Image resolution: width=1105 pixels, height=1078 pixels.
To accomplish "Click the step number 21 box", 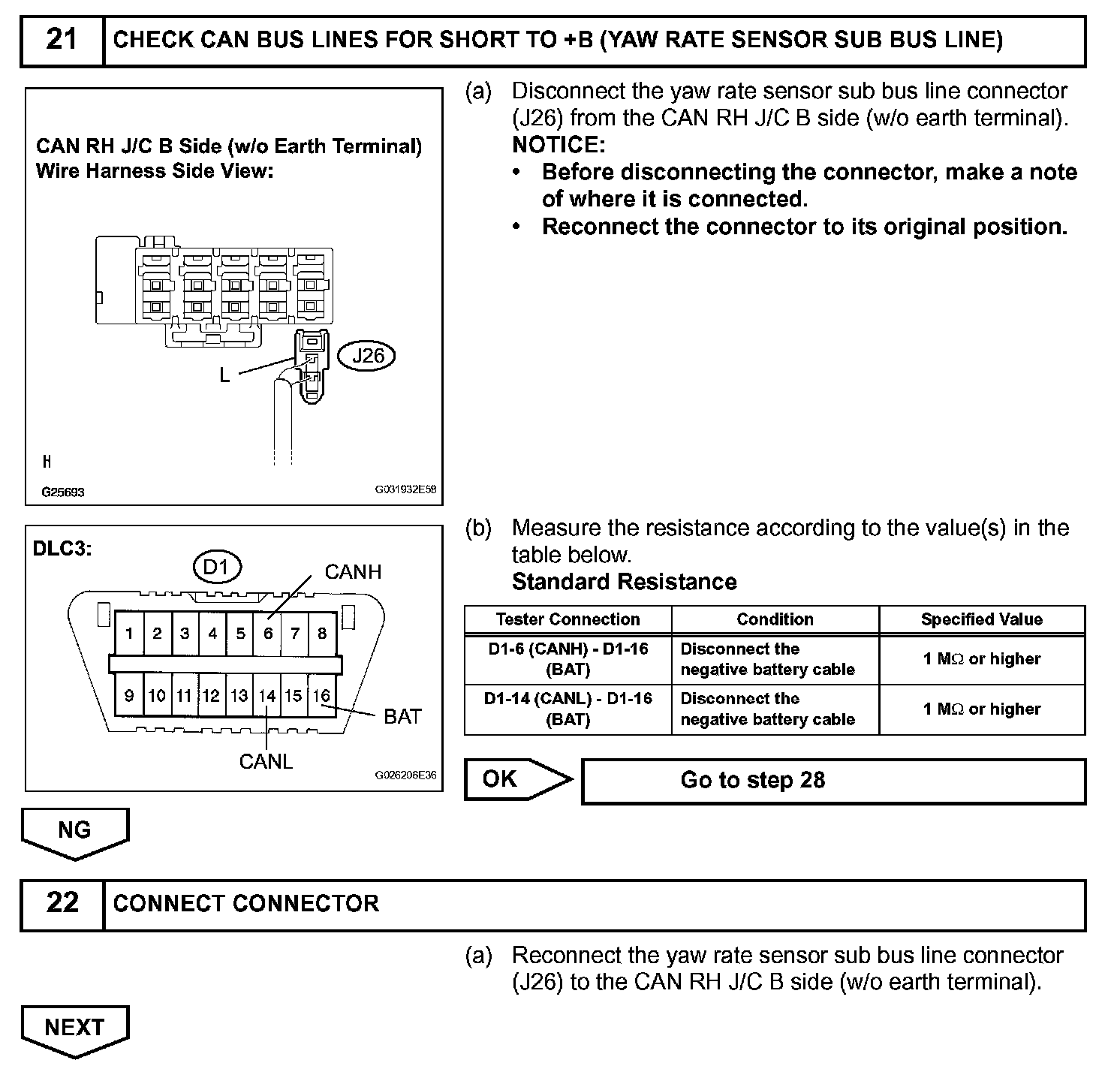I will [62, 39].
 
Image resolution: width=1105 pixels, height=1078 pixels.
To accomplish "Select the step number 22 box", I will [62, 903].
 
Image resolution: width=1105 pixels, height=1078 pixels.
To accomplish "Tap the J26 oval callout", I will [368, 355].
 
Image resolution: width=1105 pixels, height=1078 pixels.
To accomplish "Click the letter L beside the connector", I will [224, 376].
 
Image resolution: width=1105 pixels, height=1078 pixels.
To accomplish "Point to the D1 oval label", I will [216, 568].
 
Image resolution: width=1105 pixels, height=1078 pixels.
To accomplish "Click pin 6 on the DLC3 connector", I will [268, 634].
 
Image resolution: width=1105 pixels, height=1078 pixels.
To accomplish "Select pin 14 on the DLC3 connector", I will [267, 696].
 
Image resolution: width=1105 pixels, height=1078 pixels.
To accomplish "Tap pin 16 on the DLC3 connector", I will [322, 696].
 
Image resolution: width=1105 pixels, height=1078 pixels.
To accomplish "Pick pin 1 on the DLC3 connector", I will [129, 634].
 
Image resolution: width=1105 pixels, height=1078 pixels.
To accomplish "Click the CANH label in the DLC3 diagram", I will [353, 572].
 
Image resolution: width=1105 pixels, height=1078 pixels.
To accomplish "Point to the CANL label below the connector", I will [266, 761].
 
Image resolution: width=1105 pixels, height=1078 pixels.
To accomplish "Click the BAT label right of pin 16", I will [402, 717].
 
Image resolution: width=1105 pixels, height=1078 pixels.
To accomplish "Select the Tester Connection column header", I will [568, 620].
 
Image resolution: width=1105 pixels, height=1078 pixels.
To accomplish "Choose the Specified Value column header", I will [981, 620].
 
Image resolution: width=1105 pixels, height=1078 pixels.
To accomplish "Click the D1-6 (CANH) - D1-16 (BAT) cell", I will [568, 659].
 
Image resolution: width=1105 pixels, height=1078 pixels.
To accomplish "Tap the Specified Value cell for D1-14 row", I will [981, 709].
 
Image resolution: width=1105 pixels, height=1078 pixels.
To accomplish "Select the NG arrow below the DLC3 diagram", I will [74, 831].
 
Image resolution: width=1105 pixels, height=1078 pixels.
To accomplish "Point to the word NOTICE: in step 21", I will [558, 145].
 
